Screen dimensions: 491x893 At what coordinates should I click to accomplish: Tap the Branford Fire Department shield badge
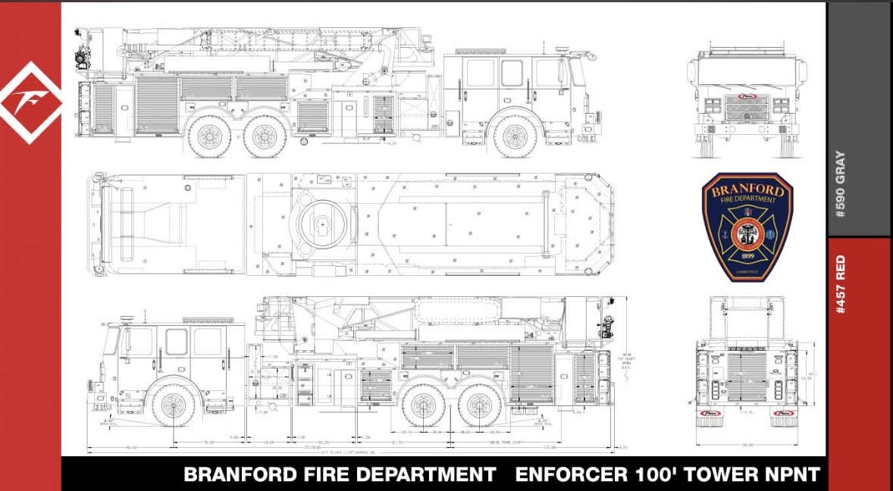[x=747, y=227]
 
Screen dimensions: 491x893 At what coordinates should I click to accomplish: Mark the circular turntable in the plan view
[x=322, y=224]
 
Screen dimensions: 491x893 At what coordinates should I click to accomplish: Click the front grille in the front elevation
[x=747, y=108]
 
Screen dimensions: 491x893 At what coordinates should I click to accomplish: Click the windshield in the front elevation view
[x=747, y=73]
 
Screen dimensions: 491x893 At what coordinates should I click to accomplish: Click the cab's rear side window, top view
[x=480, y=73]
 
